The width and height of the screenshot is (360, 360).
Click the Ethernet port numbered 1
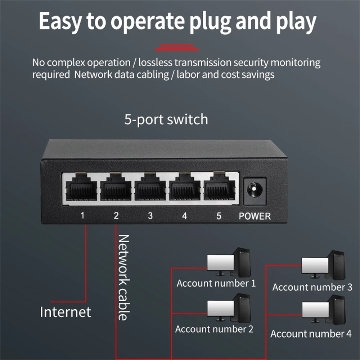(x=81, y=190)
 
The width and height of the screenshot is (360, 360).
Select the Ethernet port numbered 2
(x=116, y=190)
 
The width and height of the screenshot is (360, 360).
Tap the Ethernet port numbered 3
(x=150, y=190)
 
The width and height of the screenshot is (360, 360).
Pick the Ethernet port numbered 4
(x=185, y=190)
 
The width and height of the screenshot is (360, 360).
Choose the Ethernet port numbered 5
(x=219, y=190)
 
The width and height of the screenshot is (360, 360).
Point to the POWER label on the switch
(x=255, y=216)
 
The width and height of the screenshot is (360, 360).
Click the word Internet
(x=66, y=312)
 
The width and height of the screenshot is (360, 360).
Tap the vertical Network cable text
(x=123, y=277)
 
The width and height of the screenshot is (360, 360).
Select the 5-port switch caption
(x=166, y=119)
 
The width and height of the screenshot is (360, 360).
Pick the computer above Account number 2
(x=229, y=309)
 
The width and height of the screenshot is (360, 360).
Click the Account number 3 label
(x=312, y=287)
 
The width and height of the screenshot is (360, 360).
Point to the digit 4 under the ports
(x=184, y=216)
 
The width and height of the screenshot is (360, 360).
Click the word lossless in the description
(x=155, y=62)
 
